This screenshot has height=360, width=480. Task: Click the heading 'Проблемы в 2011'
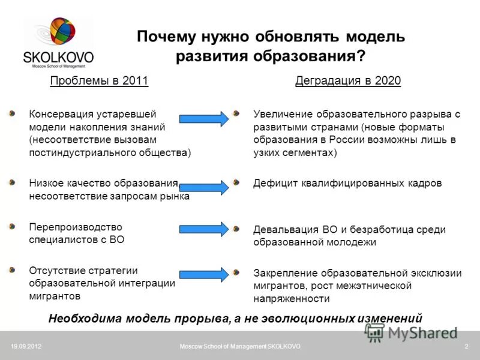99,81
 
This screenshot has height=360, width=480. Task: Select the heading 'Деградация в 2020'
348,81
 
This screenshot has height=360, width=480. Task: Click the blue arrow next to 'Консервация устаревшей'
204,118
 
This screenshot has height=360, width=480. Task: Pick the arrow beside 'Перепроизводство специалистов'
204,229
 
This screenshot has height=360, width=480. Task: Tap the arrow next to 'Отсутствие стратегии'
204,274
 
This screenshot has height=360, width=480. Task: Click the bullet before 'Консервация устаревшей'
13,112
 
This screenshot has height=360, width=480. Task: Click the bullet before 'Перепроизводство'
13,226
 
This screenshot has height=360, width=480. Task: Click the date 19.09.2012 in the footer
26,347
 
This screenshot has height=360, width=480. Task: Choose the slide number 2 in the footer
466,347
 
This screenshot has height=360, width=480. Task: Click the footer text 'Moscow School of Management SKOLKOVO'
240,347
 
